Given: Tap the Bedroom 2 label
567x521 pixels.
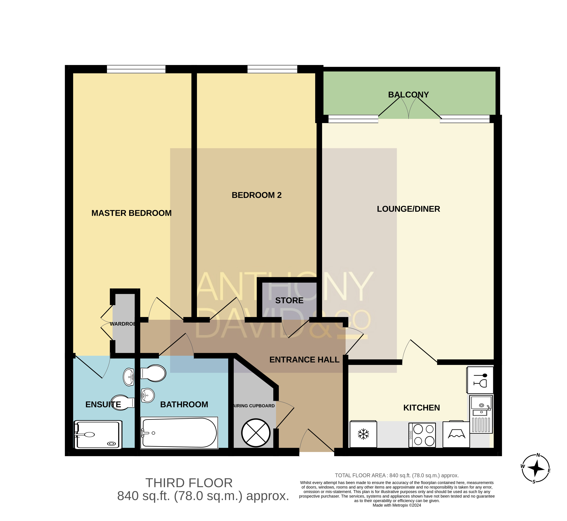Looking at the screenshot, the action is [257, 195].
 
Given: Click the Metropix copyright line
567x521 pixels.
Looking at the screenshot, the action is [397, 513].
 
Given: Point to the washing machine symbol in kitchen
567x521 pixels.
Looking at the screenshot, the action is [456, 434].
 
